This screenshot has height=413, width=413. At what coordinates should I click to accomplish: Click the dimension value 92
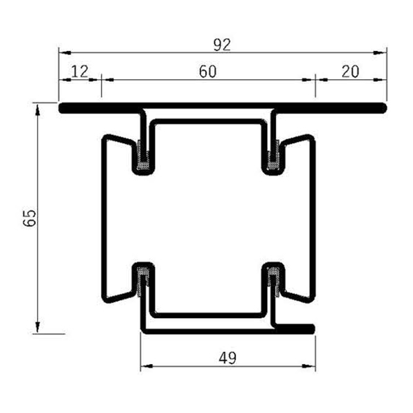[222, 45]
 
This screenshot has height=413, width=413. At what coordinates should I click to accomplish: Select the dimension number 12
[79, 71]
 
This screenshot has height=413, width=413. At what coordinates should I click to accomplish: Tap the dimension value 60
[208, 71]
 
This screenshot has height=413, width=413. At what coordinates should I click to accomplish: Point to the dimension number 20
[350, 71]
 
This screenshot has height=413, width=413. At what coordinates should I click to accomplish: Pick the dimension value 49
[228, 358]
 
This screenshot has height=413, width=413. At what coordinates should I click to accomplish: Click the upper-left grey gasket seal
[143, 156]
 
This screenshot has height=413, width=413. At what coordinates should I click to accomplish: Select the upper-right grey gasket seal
[273, 156]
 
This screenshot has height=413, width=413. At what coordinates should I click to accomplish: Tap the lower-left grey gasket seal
[143, 280]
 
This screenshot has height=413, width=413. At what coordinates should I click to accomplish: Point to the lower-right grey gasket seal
[273, 280]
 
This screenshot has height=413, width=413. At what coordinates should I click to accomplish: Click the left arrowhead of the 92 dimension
[62, 52]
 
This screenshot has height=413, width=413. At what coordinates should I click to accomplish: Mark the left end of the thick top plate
[61, 108]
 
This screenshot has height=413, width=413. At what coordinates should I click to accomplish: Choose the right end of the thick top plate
[383, 108]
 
